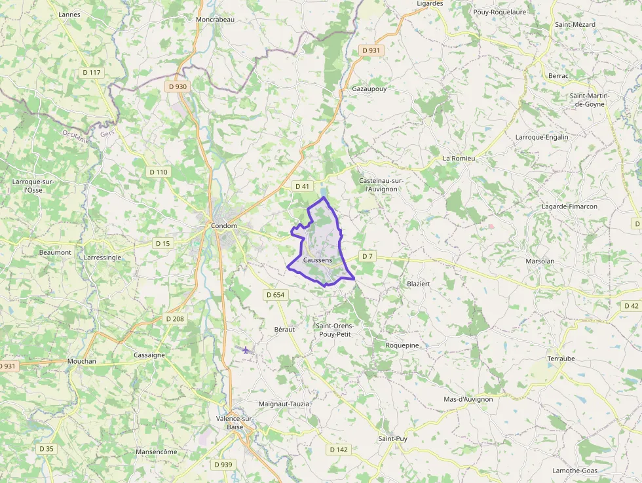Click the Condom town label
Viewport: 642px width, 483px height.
[x=224, y=226]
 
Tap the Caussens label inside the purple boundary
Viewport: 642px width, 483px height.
[x=318, y=260]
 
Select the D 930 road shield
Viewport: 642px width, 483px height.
[x=178, y=87]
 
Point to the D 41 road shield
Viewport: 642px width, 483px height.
[x=302, y=186]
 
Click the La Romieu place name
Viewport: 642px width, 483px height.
[x=459, y=159]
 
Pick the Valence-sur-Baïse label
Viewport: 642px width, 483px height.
[x=235, y=423]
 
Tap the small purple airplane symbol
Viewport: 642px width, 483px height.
[x=246, y=350]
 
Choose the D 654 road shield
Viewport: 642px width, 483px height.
[x=276, y=295]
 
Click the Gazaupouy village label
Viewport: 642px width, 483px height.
[x=369, y=88]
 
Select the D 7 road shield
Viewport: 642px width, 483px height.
[x=368, y=256]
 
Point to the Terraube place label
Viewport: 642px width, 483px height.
[x=561, y=359]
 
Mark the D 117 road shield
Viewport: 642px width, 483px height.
[x=92, y=72]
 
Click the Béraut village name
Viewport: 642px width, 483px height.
[x=284, y=329]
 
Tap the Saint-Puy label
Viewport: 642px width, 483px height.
[x=393, y=438]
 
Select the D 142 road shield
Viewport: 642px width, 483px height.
[x=339, y=450]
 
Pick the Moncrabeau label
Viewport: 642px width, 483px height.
[x=215, y=20]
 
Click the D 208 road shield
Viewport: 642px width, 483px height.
[x=175, y=319]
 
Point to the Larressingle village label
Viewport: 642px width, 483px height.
[x=102, y=258]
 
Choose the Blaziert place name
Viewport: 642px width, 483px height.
[x=419, y=284]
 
